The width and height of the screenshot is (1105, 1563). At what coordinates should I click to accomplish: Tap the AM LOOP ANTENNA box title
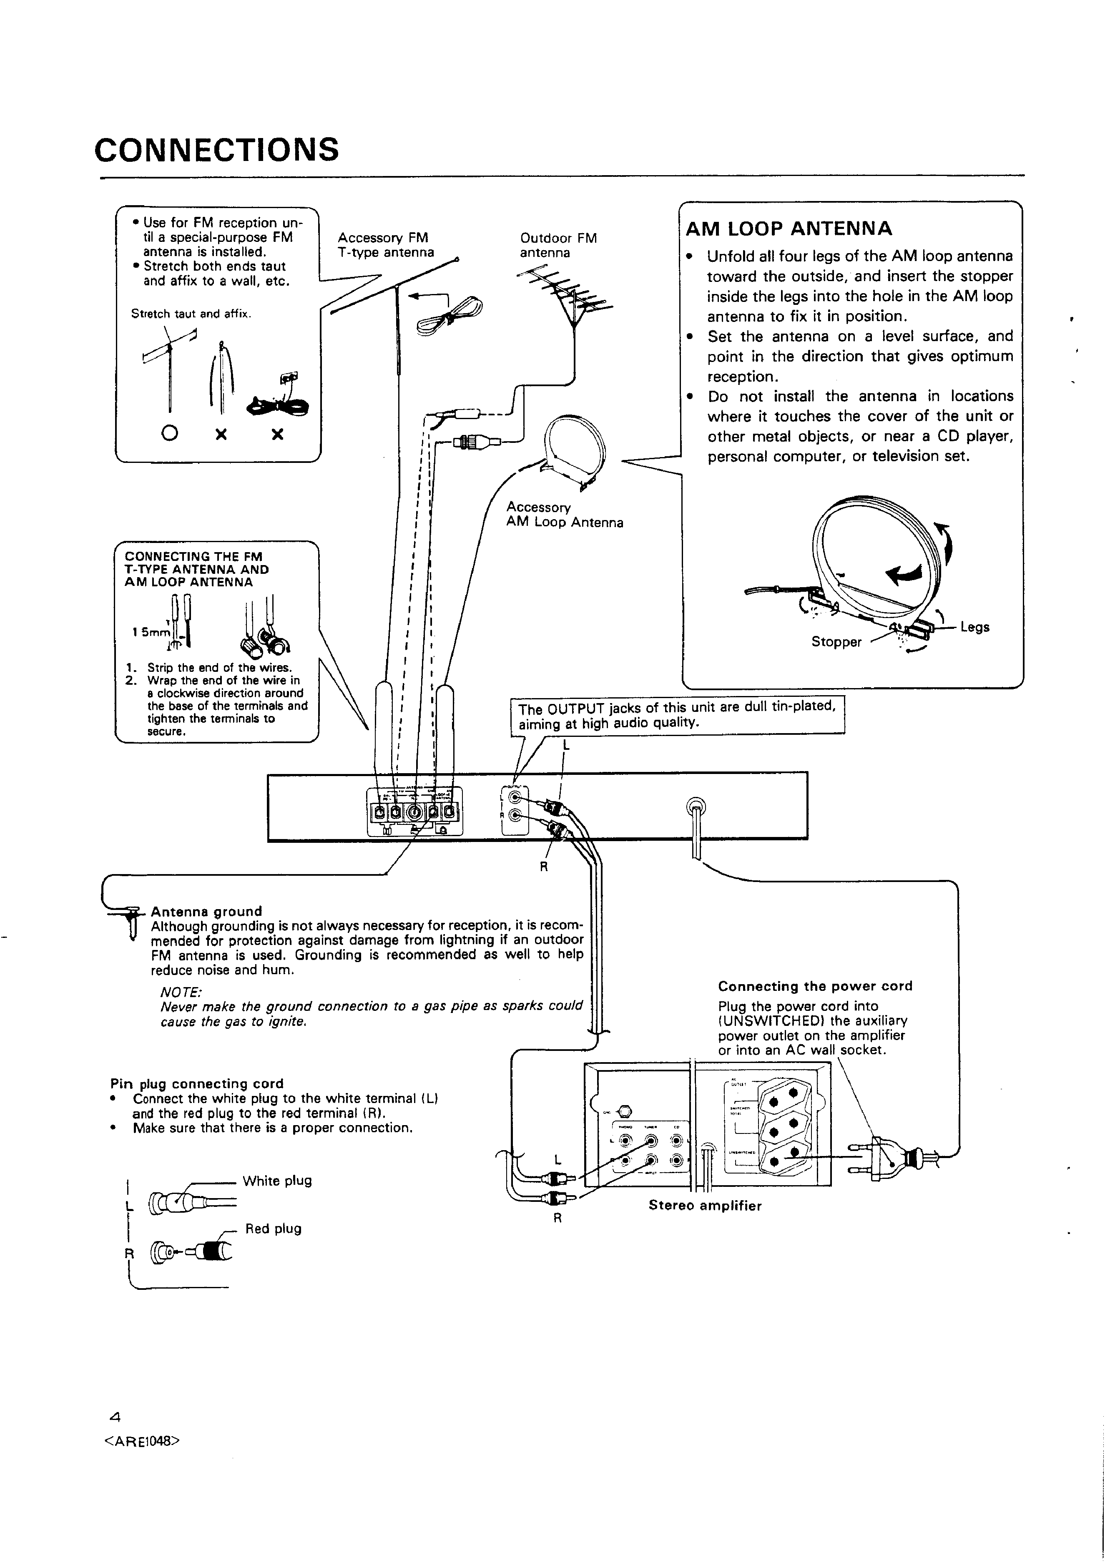tap(789, 229)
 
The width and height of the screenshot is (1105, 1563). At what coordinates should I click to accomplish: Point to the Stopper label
tap(836, 642)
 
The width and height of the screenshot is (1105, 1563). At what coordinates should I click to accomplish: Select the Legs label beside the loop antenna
tap(974, 627)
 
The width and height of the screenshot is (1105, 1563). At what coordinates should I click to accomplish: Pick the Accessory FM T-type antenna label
tap(385, 245)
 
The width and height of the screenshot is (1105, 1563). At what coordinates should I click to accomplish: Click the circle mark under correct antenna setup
tap(170, 432)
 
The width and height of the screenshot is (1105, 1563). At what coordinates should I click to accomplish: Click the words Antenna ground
tap(206, 911)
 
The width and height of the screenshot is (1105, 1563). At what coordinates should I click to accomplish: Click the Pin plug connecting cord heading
tap(197, 1083)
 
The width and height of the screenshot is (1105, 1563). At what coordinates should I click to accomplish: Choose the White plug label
tap(277, 1181)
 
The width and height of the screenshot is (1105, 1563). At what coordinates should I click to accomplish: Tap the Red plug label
tap(273, 1228)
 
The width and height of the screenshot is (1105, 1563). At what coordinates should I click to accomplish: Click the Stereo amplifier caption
tap(705, 1205)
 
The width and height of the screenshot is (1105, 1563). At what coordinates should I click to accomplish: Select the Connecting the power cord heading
tap(815, 986)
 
